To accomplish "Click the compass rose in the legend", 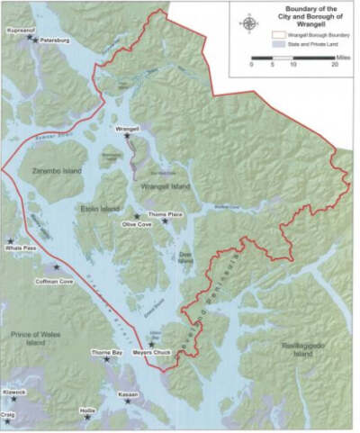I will coord(248,23).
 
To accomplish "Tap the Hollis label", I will coord(87,409).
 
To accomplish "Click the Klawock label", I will coord(13,392).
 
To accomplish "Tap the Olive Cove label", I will coord(135,227).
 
